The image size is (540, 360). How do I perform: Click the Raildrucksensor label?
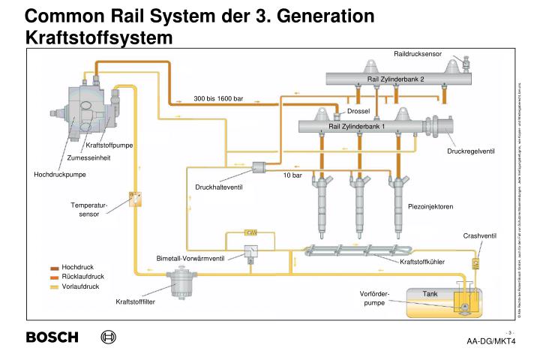(418, 54)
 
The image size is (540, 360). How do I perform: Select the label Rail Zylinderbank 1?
(357, 126)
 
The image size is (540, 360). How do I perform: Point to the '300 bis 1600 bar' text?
(218, 99)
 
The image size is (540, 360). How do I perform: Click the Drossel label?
(359, 111)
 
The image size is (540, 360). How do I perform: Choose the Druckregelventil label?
(471, 151)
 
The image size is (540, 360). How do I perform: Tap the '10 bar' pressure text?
(292, 175)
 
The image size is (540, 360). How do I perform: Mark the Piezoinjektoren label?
(430, 206)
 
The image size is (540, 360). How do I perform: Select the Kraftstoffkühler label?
(422, 262)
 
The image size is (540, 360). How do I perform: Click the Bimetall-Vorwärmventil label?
(190, 258)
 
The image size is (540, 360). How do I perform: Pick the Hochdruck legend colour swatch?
(54, 268)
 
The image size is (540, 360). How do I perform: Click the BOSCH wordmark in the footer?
(52, 337)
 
